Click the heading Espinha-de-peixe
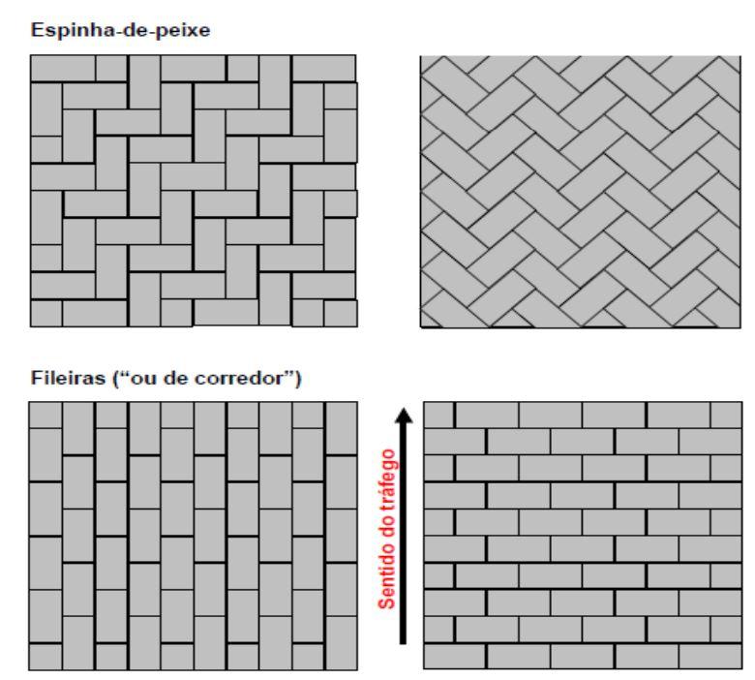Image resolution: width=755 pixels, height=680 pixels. (x=120, y=30)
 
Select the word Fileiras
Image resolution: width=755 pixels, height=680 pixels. (x=68, y=378)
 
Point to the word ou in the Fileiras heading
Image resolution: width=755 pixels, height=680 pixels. (x=143, y=380)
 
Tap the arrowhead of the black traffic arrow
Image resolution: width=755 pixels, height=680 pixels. (x=404, y=417)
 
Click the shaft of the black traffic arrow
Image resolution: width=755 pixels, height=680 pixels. (x=404, y=534)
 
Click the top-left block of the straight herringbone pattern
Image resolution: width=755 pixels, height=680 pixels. (x=63, y=69)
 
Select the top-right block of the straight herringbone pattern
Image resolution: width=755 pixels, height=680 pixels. (x=324, y=69)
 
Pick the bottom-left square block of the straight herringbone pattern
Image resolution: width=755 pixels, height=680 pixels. (x=46, y=313)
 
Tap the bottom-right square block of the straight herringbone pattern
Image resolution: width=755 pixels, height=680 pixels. (x=341, y=313)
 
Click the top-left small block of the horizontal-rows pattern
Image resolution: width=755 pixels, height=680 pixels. (x=438, y=415)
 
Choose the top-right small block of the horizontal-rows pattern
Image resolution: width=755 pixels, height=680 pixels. (x=726, y=415)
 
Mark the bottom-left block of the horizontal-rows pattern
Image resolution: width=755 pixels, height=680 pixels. (x=455, y=657)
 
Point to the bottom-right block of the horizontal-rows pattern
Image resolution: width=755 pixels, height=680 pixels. (x=710, y=657)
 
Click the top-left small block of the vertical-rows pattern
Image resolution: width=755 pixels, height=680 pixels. (x=45, y=415)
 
